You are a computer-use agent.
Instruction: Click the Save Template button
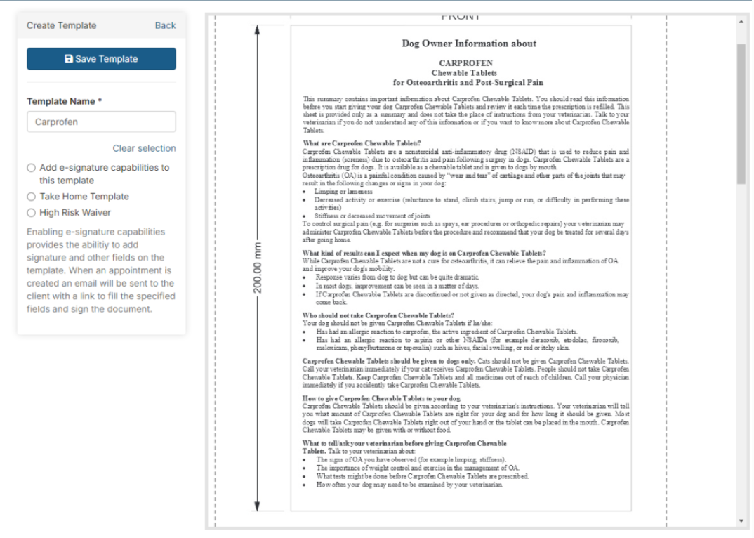[101, 59]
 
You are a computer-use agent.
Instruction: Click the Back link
[165, 25]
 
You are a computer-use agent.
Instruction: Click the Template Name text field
[101, 122]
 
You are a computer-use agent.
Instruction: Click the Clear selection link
[144, 148]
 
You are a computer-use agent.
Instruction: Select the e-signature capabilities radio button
[31, 168]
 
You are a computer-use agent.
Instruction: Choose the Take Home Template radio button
[31, 197]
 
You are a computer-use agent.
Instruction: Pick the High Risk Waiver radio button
[31, 213]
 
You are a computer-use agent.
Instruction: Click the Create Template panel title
[62, 25]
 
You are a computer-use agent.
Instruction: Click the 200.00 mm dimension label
[257, 268]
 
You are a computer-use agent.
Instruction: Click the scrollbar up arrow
[741, 21]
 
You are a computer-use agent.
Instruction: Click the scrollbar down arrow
[741, 520]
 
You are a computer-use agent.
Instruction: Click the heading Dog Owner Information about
[469, 44]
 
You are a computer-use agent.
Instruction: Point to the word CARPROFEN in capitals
[466, 63]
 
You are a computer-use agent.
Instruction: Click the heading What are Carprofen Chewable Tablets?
[362, 143]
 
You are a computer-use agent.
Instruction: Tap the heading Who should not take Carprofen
[378, 315]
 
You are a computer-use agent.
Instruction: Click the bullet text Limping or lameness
[344, 191]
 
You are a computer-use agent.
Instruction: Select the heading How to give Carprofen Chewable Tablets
[382, 398]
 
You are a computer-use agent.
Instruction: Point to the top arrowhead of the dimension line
[257, 29]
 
